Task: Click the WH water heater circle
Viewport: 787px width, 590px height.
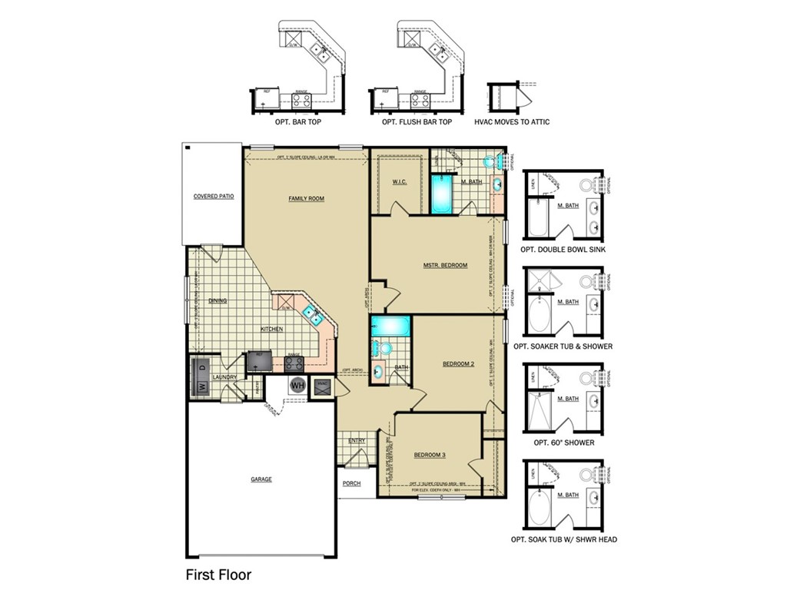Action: pyautogui.click(x=297, y=386)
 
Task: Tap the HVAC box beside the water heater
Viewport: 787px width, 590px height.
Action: pyautogui.click(x=322, y=386)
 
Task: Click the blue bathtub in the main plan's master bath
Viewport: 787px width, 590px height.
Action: pyautogui.click(x=442, y=194)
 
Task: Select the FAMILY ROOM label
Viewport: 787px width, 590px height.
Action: pyautogui.click(x=306, y=198)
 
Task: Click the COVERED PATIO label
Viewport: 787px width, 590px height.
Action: pyautogui.click(x=213, y=197)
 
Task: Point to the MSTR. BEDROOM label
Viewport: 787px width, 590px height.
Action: pyautogui.click(x=445, y=265)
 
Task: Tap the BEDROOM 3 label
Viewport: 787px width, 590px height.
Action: pyautogui.click(x=430, y=455)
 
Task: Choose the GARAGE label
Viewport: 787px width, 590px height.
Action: pyautogui.click(x=261, y=479)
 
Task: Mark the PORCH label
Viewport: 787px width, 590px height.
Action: pyautogui.click(x=351, y=483)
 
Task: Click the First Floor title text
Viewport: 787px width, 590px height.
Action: pyautogui.click(x=218, y=574)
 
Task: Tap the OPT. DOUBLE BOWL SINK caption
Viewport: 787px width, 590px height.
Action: pyautogui.click(x=564, y=250)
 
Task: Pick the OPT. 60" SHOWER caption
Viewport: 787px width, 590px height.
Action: pyautogui.click(x=564, y=442)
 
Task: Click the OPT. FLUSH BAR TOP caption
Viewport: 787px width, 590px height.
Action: pyautogui.click(x=417, y=122)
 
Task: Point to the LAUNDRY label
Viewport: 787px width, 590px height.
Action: pyautogui.click(x=224, y=377)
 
